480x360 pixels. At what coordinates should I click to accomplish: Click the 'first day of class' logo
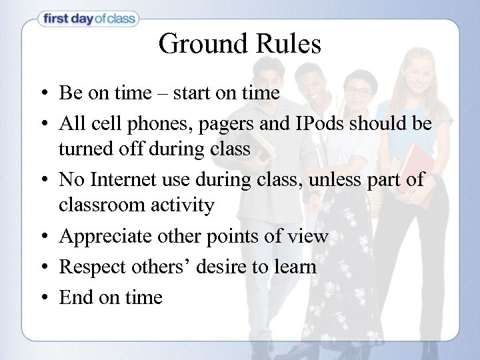click(x=88, y=19)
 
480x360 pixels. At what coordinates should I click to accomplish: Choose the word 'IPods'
click(x=322, y=124)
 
